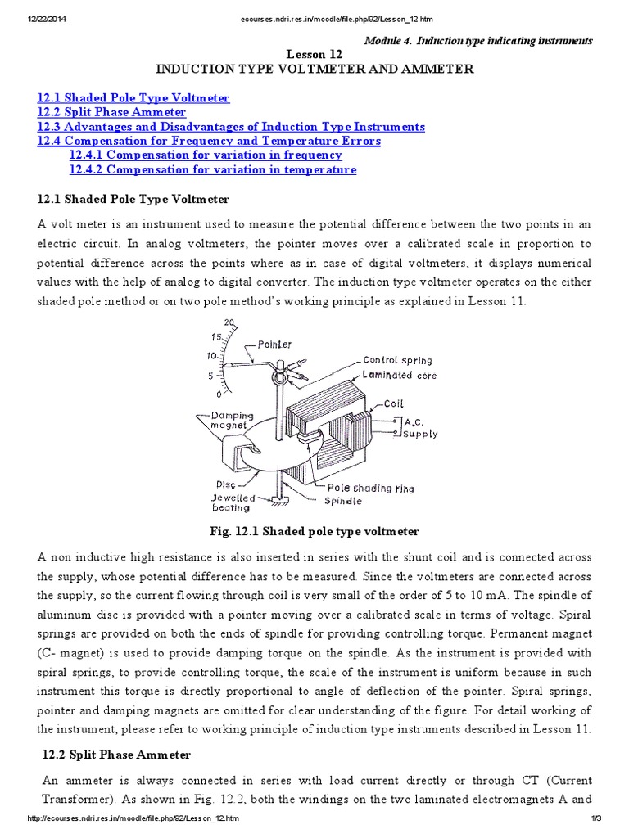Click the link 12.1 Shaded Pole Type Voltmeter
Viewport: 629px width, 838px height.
(x=133, y=98)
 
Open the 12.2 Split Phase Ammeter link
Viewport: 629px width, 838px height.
(x=111, y=112)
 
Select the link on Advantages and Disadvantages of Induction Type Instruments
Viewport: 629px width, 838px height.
(x=231, y=127)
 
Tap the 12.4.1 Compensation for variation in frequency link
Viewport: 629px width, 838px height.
(x=206, y=155)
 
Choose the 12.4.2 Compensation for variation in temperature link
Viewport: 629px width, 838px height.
(x=213, y=169)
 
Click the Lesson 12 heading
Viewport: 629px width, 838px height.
(x=314, y=54)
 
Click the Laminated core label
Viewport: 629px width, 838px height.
(x=400, y=375)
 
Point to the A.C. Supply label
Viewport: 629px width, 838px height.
(x=420, y=428)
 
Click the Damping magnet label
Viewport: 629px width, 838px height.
(x=233, y=421)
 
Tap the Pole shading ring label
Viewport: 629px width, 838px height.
(x=376, y=488)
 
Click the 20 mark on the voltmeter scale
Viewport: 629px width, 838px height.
(x=229, y=322)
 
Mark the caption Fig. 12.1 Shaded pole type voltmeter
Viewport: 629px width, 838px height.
(x=314, y=531)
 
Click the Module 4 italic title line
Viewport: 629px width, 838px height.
(x=477, y=40)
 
